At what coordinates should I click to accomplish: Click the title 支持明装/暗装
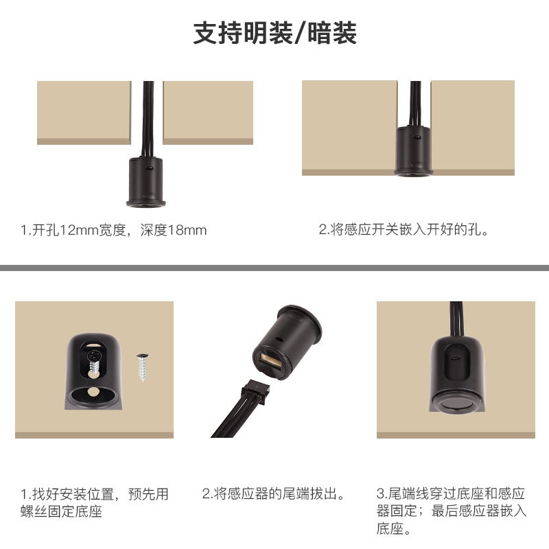(275, 33)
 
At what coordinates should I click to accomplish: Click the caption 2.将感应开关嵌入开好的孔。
(404, 230)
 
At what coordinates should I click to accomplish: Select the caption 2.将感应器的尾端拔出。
(274, 493)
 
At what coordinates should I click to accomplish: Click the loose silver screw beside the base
(143, 367)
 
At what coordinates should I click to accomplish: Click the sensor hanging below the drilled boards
(145, 182)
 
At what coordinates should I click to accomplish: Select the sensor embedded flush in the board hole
(414, 150)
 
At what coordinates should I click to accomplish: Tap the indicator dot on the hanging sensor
(149, 168)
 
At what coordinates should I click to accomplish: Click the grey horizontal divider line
(274, 268)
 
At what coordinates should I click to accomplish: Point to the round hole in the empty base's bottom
(93, 393)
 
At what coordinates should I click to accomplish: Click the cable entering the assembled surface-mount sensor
(456, 319)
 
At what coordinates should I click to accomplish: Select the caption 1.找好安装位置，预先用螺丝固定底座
(95, 503)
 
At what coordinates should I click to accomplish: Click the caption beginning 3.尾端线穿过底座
(452, 511)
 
